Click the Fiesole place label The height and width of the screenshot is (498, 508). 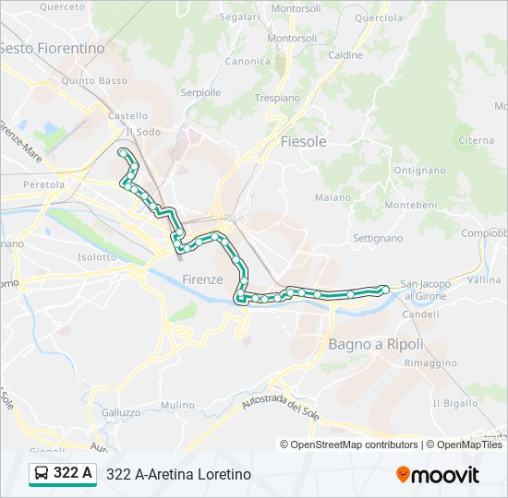pyautogui.click(x=303, y=141)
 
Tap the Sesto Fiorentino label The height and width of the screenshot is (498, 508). pyautogui.click(x=52, y=47)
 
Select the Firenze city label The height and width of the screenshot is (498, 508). pyautogui.click(x=202, y=279)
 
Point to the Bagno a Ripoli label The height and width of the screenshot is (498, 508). pyautogui.click(x=376, y=344)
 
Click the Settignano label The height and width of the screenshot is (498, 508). pyautogui.click(x=378, y=238)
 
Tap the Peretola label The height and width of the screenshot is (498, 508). pyautogui.click(x=44, y=185)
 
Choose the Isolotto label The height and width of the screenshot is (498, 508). pyautogui.click(x=98, y=257)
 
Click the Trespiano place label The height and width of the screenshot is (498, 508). pyautogui.click(x=277, y=97)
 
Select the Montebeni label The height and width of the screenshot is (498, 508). pyautogui.click(x=405, y=204)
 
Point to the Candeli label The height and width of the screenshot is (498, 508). pyautogui.click(x=420, y=314)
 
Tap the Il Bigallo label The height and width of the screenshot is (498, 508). pyautogui.click(x=455, y=404)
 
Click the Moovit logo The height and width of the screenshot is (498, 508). pyautogui.click(x=438, y=474)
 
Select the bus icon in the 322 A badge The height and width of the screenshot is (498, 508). pyautogui.click(x=42, y=474)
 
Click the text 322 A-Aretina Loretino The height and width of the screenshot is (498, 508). pyautogui.click(x=179, y=474)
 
